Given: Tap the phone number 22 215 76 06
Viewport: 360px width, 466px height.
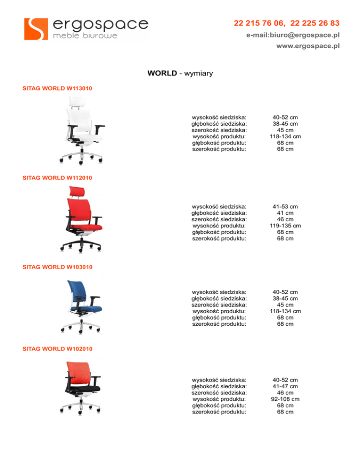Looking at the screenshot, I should pos(260,23).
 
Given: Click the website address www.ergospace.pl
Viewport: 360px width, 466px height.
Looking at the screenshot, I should pos(308,46).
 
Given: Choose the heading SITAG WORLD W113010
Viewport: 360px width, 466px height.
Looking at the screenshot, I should pos(57,88).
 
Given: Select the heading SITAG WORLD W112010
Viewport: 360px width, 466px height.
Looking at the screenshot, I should pos(57,178).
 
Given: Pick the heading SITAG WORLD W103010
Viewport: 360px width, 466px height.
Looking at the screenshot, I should pos(57,267).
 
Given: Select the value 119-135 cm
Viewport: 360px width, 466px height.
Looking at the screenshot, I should pos(285,225).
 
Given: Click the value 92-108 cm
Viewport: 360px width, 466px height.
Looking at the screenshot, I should pos(285,399).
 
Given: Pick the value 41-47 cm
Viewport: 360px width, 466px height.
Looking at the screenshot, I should pos(285,386).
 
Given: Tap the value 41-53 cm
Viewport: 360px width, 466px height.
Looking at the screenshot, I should pos(285,206).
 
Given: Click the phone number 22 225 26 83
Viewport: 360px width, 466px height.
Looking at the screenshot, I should pos(315,23).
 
